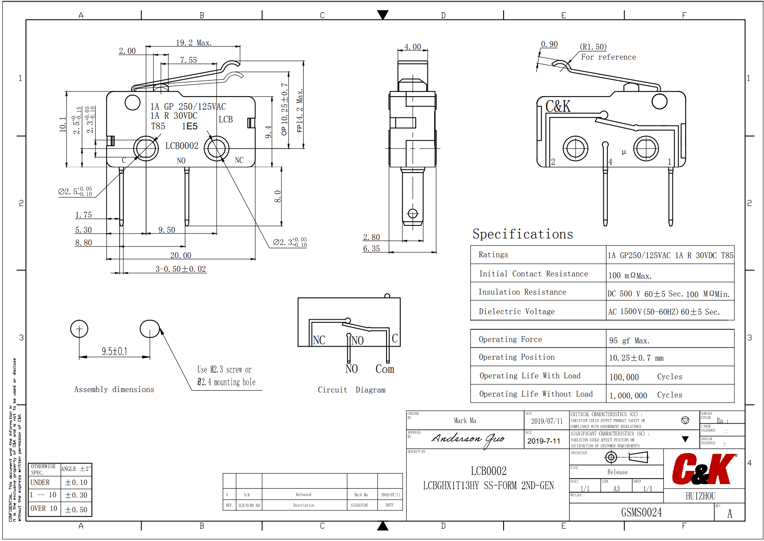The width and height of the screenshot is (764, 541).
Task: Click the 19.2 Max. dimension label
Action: [194, 43]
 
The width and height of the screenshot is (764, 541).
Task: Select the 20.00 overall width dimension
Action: [181, 255]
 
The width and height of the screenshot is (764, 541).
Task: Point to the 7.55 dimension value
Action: [188, 60]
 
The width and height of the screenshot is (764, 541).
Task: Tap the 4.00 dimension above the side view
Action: [413, 47]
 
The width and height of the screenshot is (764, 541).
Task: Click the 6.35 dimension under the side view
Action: [371, 249]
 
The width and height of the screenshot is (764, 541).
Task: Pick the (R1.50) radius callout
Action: [593, 47]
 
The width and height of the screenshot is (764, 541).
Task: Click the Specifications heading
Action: [523, 234]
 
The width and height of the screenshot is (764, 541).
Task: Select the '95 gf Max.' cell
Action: [629, 341]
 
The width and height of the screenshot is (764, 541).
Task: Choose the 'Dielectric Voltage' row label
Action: [516, 311]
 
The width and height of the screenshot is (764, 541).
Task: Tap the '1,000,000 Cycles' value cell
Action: [646, 395]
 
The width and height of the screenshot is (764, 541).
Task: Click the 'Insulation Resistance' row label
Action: [522, 292]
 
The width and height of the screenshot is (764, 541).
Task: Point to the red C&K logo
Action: [704, 469]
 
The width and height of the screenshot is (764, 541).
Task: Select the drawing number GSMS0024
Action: [641, 513]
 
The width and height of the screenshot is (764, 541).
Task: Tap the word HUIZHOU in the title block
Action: [700, 496]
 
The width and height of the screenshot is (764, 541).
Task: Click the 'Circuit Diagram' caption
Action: [351, 390]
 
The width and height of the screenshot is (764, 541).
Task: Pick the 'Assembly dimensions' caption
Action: [114, 389]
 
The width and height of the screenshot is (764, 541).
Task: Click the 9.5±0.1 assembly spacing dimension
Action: [114, 352]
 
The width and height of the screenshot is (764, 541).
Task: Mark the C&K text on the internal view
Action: [558, 107]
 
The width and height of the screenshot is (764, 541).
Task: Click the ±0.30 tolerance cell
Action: [76, 495]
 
